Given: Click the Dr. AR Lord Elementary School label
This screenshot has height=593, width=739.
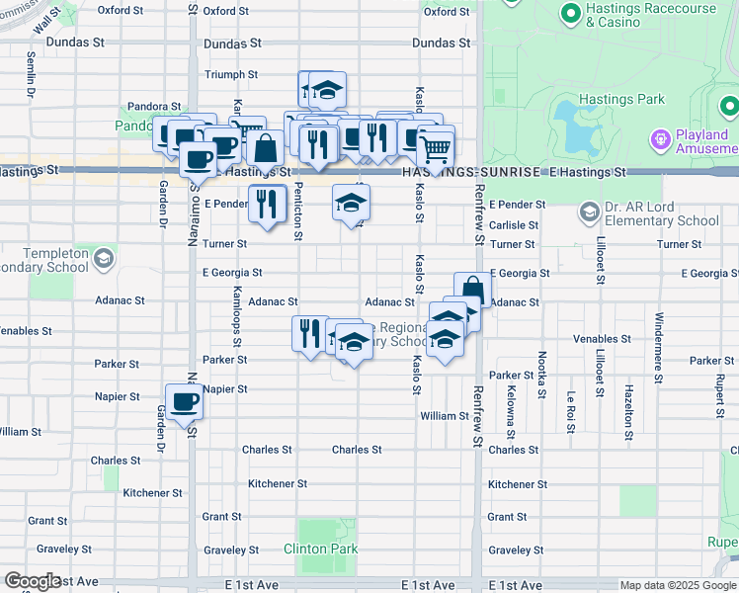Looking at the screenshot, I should [x=663, y=213].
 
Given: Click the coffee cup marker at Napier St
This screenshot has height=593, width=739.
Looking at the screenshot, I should [x=184, y=402].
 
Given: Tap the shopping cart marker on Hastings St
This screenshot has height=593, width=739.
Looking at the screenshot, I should [x=435, y=149].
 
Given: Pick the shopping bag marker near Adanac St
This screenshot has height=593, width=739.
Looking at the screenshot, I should [x=472, y=290].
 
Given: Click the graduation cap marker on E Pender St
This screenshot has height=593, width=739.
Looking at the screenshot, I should [x=350, y=203].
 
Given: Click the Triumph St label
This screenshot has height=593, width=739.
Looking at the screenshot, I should [x=230, y=74].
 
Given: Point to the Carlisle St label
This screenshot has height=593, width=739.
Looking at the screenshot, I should [x=512, y=224].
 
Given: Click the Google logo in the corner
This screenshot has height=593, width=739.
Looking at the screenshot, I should [x=32, y=581].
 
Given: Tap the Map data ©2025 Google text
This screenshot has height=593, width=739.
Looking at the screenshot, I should [x=678, y=585].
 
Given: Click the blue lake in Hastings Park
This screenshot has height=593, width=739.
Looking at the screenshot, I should [x=573, y=125].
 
